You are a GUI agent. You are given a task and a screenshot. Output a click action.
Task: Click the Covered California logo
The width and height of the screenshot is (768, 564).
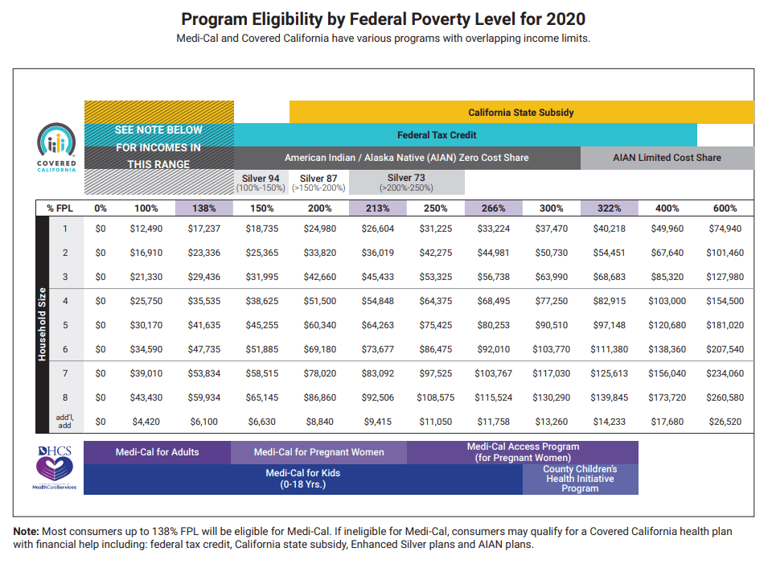click(x=55, y=148)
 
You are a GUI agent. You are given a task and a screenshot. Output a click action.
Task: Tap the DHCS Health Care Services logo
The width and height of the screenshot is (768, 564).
click(x=55, y=467)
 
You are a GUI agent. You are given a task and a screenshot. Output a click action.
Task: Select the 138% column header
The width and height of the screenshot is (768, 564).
click(x=203, y=208)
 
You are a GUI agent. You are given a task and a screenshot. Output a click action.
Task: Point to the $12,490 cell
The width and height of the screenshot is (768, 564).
click(x=146, y=229)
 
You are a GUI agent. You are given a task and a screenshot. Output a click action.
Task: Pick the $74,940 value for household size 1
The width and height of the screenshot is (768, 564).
click(x=725, y=229)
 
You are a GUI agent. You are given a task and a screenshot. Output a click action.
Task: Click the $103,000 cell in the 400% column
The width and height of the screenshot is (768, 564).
click(x=667, y=301)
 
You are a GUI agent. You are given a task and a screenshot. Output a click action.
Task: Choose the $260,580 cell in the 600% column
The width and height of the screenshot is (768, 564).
click(x=725, y=397)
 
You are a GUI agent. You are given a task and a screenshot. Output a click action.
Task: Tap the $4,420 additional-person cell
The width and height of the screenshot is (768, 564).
click(x=146, y=422)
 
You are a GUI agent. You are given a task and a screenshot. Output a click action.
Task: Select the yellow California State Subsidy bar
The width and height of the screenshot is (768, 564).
click(x=521, y=113)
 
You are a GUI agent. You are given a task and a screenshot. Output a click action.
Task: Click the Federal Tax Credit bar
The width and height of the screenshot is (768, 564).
click(x=465, y=135)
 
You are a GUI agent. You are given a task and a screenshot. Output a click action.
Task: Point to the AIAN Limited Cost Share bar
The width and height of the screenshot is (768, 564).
click(x=667, y=158)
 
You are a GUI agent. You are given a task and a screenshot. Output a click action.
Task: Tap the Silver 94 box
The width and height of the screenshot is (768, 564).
click(x=261, y=183)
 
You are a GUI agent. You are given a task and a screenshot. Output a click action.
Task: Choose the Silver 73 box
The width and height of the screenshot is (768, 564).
click(x=406, y=183)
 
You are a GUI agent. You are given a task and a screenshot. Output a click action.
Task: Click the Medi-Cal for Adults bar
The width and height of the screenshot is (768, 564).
click(x=157, y=452)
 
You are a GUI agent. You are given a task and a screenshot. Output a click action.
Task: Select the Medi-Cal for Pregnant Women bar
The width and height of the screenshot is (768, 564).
click(x=318, y=452)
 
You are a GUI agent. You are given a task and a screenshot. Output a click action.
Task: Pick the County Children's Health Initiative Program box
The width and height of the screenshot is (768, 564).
click(x=580, y=479)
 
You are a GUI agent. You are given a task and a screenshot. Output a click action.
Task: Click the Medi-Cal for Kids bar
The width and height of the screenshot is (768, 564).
click(x=303, y=479)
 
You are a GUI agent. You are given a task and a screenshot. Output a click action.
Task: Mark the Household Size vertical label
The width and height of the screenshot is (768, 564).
click(x=43, y=323)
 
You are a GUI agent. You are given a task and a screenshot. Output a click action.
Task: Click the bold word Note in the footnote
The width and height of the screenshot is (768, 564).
click(x=27, y=532)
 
